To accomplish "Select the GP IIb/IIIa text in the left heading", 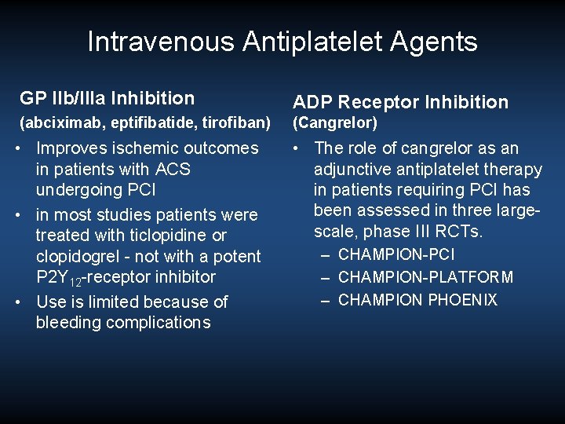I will coord(64,99).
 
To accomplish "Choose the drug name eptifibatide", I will coord(138,123).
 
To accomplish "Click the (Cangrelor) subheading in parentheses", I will coord(335,123).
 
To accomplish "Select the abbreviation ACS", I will coord(173,169).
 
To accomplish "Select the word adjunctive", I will coord(352,169).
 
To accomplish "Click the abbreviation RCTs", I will coord(460,231).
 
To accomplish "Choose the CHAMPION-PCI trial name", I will coord(396,254).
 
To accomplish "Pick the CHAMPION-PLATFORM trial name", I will coord(426,277).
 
